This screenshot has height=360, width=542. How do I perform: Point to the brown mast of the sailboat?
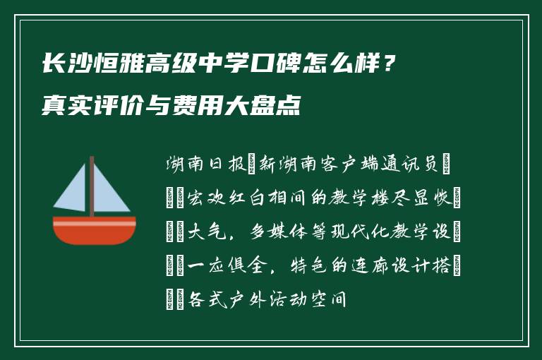(x=92, y=187)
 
